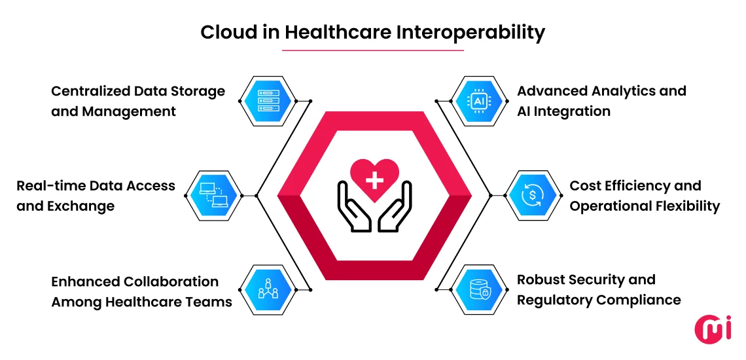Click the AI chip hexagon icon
click(x=479, y=101)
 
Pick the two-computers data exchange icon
click(x=213, y=196)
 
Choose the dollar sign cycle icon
click(x=532, y=196)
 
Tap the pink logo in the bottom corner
click(x=713, y=329)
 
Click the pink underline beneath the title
click(x=373, y=50)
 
